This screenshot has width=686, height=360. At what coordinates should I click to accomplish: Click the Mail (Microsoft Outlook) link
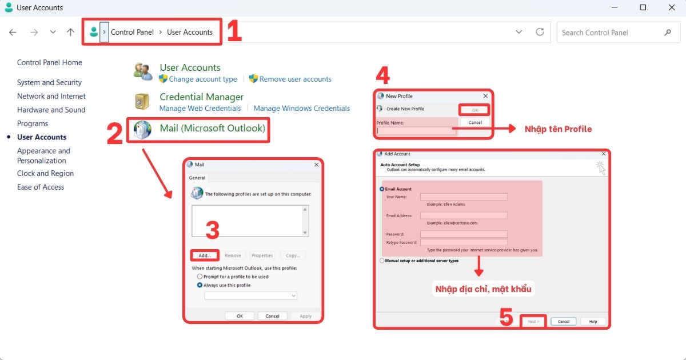pos(212,129)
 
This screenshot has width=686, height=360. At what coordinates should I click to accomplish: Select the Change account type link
pos(203,79)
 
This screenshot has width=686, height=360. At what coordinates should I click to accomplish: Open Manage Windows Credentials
pos(301,108)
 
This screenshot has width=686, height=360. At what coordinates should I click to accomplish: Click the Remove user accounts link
pos(295,79)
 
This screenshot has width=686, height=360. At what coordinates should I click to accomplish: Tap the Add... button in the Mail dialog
pos(205,255)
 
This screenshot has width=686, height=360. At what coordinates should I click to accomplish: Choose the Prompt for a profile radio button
pos(200,277)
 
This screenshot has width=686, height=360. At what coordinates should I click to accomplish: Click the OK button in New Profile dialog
pos(474,110)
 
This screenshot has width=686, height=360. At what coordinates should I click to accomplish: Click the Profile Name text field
pos(416,131)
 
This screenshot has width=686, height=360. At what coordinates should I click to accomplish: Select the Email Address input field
pos(464,215)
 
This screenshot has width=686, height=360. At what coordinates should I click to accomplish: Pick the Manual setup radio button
pos(382,261)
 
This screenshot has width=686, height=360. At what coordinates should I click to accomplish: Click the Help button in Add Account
pos(593,321)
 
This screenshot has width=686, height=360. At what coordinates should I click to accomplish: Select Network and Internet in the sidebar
pos(51,96)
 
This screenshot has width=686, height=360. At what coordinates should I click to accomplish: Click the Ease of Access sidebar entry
pos(41,187)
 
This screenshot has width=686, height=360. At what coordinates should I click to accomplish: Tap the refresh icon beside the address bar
pos(540,32)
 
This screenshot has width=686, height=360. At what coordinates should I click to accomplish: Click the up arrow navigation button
pos(70,33)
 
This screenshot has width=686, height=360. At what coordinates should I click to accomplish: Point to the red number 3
pos(212,230)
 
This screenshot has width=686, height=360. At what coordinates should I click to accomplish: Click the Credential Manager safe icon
pos(142,102)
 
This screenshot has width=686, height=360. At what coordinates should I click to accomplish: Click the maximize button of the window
pos(643,8)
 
